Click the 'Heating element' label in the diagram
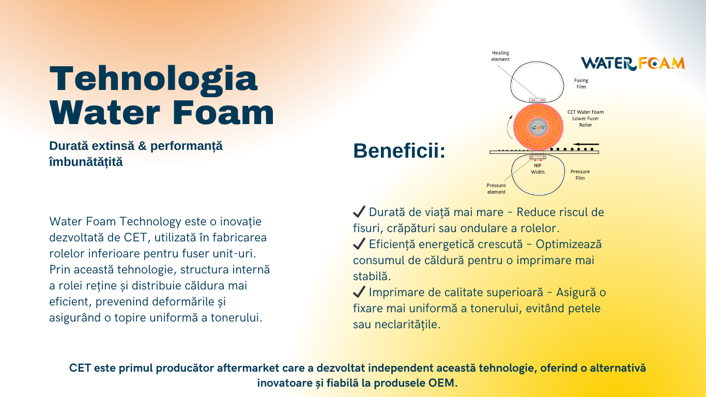click(x=500, y=56)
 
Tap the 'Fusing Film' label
click(x=581, y=84)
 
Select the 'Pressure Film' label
click(x=580, y=175)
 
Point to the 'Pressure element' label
click(x=496, y=189)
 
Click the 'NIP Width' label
click(x=538, y=169)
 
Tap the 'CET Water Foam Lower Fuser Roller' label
click(x=585, y=118)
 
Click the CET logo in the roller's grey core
click(x=539, y=128)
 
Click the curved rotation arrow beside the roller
click(x=509, y=127)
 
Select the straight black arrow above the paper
click(x=586, y=144)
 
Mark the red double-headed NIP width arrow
click(x=538, y=160)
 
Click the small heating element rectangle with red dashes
click(x=537, y=100)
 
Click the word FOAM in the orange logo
click(x=661, y=64)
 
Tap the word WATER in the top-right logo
click(x=608, y=64)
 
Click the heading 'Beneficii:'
click(x=399, y=150)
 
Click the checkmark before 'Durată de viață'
click(x=359, y=211)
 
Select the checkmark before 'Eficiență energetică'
click(x=359, y=244)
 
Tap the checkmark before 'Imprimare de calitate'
click(x=359, y=292)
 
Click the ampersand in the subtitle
click(x=143, y=146)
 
